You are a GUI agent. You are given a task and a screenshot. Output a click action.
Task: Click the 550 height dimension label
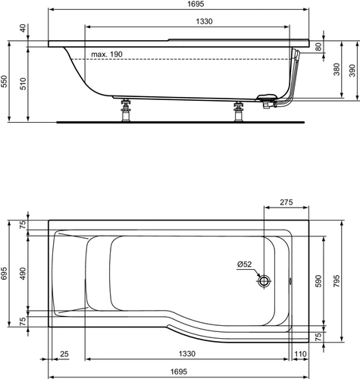pos(5,81)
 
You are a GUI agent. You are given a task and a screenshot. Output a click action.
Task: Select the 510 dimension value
pos(23,83)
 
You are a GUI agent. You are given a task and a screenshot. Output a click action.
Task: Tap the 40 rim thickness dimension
pos(23,28)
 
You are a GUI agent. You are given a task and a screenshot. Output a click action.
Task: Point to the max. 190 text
pos(107,54)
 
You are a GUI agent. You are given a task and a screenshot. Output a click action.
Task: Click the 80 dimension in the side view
pos(319,47)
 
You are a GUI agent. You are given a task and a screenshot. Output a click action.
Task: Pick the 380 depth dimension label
pos(337,70)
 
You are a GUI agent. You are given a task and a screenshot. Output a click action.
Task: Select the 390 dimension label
pos(352,70)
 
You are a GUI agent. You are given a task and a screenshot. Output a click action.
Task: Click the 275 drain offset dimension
pos(286,202)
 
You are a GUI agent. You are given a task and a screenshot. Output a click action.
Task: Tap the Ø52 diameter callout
pos(245,265)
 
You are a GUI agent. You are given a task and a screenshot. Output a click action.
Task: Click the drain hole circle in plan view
pos(265,280)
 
